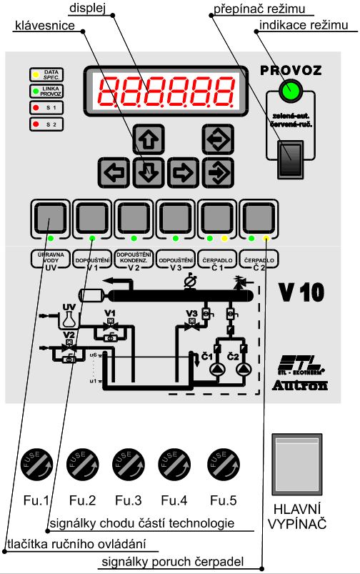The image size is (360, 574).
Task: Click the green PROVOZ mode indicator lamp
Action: pyautogui.click(x=291, y=91)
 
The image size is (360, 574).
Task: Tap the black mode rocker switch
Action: pyautogui.click(x=290, y=157)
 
